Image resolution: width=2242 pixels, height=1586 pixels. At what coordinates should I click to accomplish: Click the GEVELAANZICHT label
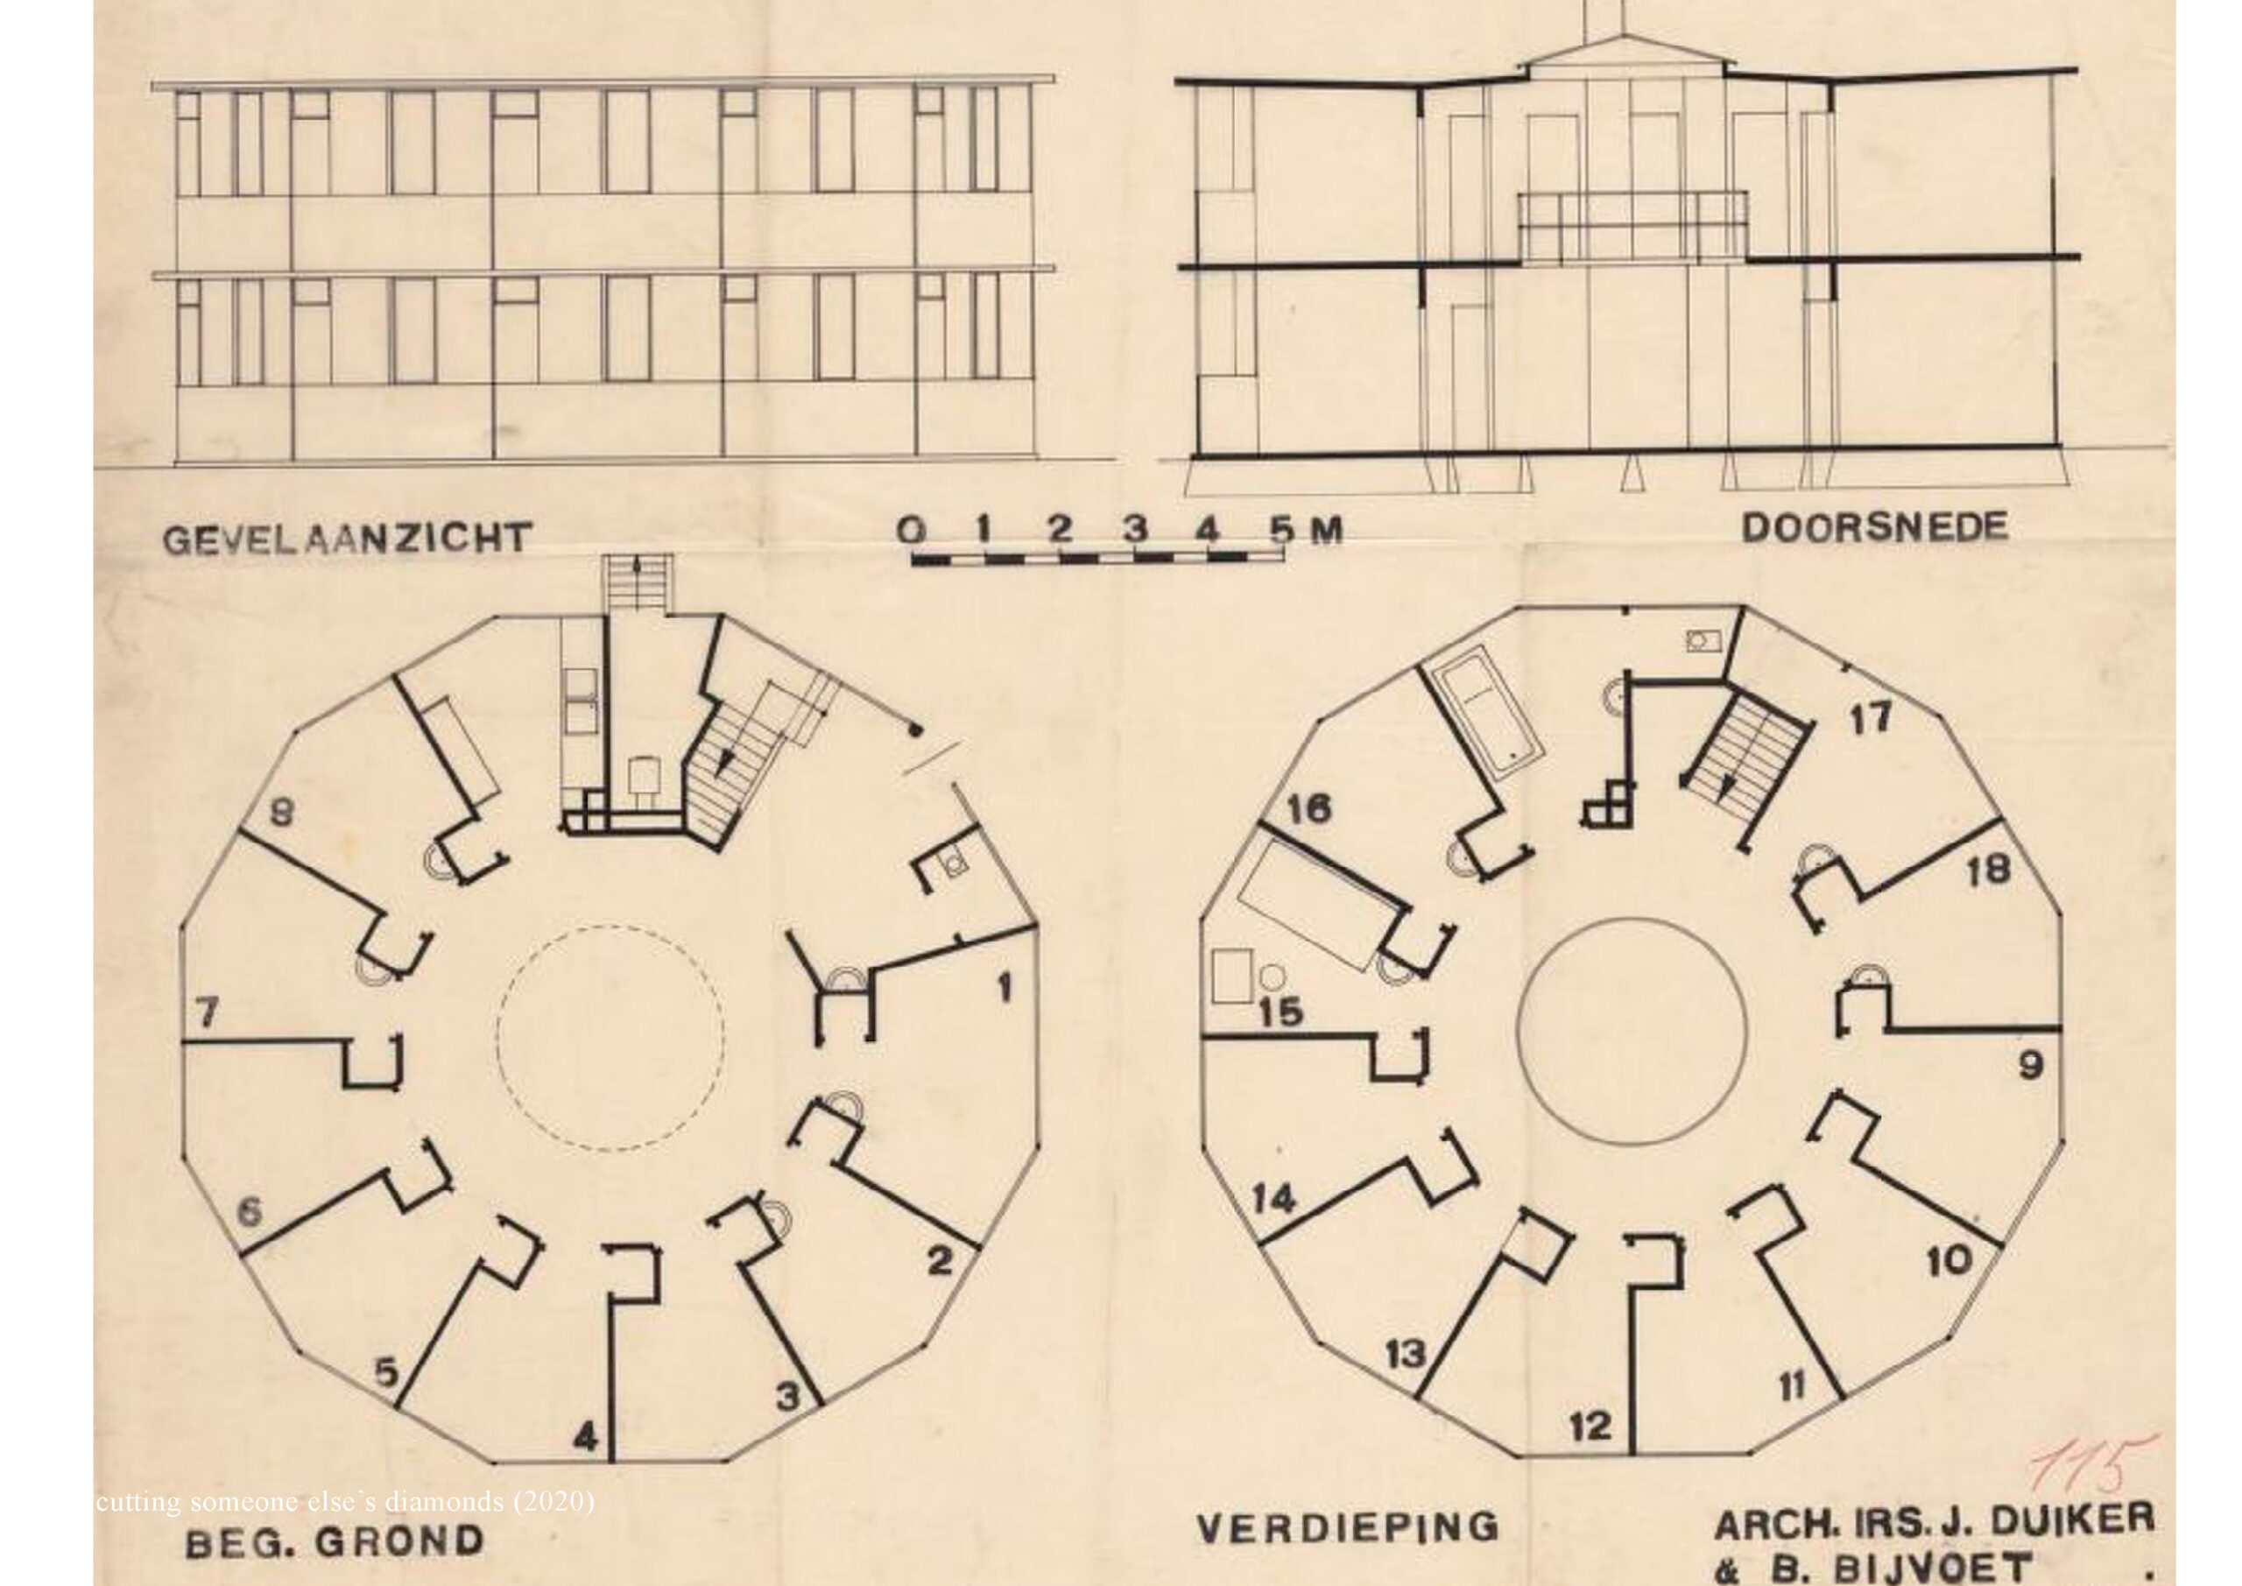point(347,538)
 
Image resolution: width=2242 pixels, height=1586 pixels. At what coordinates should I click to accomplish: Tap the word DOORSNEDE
point(1875,528)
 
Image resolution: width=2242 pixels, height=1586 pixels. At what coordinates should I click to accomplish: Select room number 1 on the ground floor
point(1004,990)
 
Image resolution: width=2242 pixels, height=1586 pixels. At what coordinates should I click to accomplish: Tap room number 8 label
point(281,813)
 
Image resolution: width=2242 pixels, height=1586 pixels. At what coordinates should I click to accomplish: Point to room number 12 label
point(1590,1427)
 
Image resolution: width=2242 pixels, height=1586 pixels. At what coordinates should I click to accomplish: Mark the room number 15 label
point(1280,1011)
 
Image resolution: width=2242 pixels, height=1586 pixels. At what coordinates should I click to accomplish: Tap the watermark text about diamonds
point(346,1501)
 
